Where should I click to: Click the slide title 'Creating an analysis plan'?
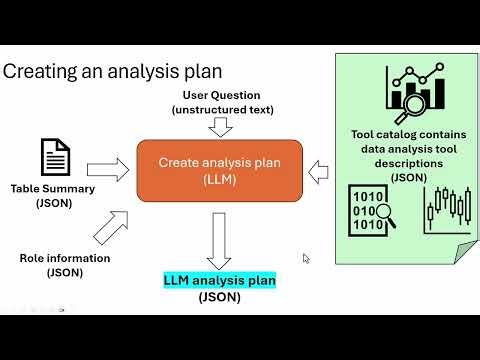pyautogui.click(x=113, y=72)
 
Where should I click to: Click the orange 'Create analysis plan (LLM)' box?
pyautogui.click(x=217, y=169)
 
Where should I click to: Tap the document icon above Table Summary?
pyautogui.click(x=55, y=157)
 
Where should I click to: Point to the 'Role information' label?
pyautogui.click(x=65, y=258)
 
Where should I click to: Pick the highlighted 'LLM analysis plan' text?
pyautogui.click(x=219, y=281)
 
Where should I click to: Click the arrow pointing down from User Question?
pyautogui.click(x=222, y=126)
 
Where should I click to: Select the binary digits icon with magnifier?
pyautogui.click(x=371, y=208)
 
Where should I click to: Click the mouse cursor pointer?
pyautogui.click(x=306, y=258)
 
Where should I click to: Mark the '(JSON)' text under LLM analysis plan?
pyautogui.click(x=219, y=297)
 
